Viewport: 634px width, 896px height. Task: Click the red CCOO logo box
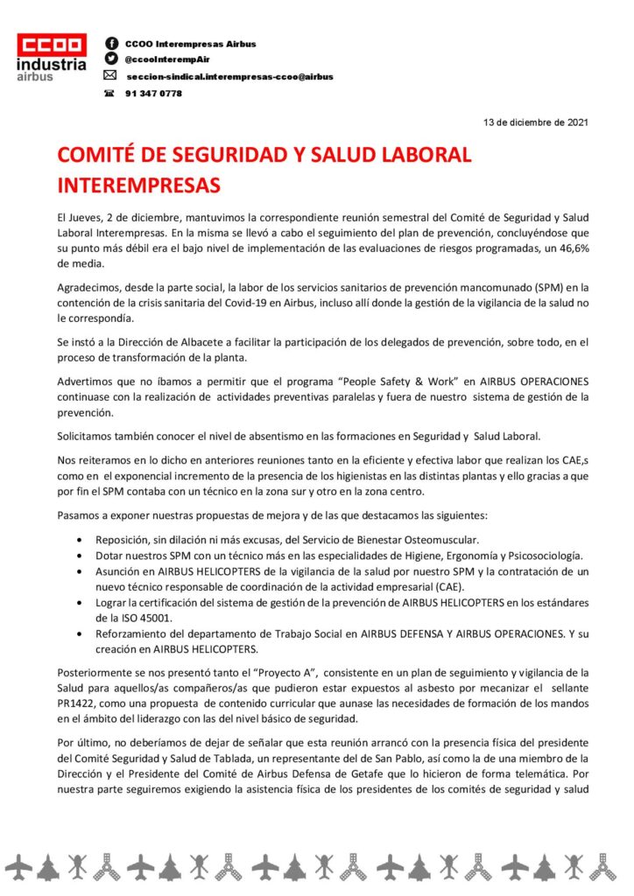[53, 45]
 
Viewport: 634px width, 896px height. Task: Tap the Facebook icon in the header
[111, 43]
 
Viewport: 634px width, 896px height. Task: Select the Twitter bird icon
[111, 59]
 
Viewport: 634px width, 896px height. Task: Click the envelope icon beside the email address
[110, 76]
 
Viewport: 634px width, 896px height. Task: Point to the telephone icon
[110, 94]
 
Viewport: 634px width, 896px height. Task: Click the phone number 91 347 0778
[154, 94]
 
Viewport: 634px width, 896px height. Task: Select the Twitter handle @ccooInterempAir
[164, 59]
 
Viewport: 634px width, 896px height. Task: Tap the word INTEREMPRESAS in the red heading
[138, 185]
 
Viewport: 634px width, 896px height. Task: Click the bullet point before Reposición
[81, 541]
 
